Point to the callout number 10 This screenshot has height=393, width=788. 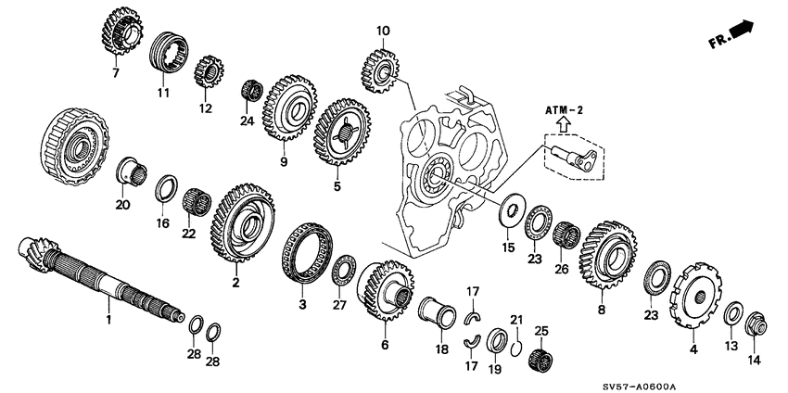[x=382, y=32]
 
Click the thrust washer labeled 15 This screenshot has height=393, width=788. [x=509, y=211]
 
